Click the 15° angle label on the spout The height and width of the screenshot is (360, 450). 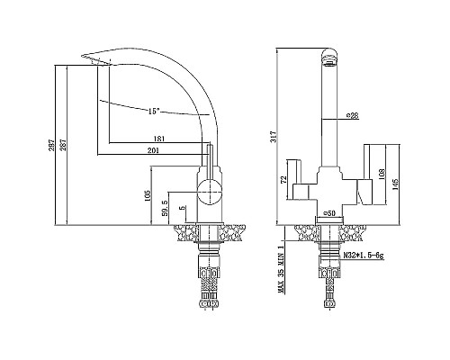tap(154, 111)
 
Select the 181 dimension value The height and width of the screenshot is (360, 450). tap(158, 138)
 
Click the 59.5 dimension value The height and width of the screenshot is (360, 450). tap(164, 208)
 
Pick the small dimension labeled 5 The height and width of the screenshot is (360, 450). tap(183, 208)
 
